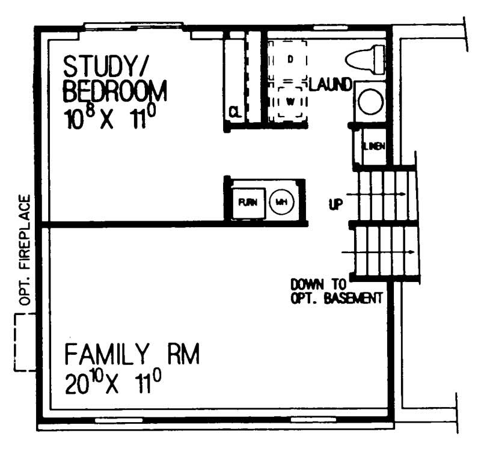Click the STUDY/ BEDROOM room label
pyautogui.click(x=114, y=78)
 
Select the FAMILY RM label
pyautogui.click(x=132, y=355)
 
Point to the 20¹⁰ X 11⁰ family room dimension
pyautogui.click(x=114, y=382)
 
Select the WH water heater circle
pyautogui.click(x=280, y=203)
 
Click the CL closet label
pyautogui.click(x=235, y=111)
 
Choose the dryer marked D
pyautogui.click(x=289, y=59)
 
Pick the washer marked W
pyautogui.click(x=290, y=101)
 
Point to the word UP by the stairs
pyautogui.click(x=335, y=204)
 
